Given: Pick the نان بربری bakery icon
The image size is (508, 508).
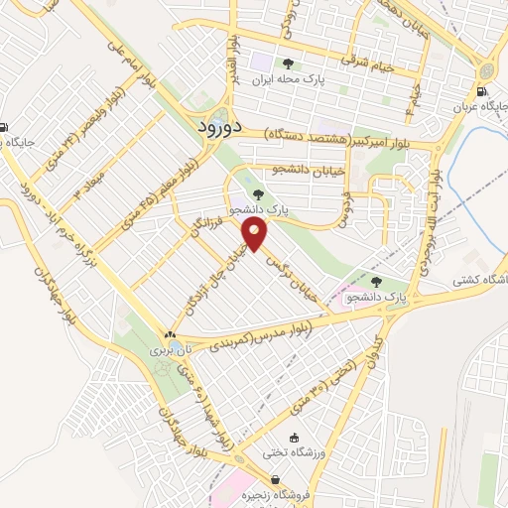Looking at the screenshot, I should pyautogui.click(x=171, y=335).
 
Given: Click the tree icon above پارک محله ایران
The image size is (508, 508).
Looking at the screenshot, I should pyautogui.click(x=289, y=64).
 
